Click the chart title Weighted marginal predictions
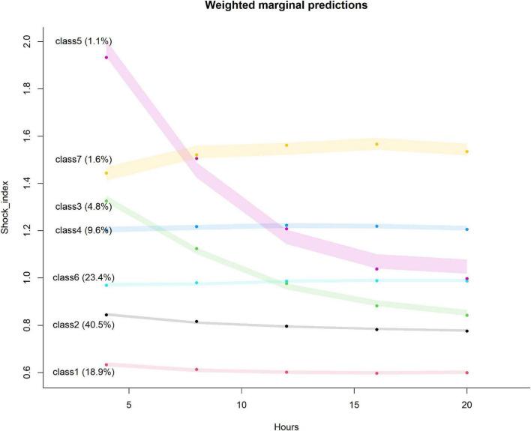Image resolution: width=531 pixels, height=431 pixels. [281, 6]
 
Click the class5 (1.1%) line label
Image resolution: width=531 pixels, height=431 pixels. [83, 41]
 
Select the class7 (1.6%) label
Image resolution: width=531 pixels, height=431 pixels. [83, 160]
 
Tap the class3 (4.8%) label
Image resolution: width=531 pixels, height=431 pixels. [83, 206]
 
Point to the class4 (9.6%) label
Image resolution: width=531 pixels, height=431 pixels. [83, 230]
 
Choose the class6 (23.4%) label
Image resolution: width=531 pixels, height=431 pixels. [83, 277]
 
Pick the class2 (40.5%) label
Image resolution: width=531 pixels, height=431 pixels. [83, 325]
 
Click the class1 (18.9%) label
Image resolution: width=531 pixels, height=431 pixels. [83, 372]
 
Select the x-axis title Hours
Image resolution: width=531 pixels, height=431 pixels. [286, 424]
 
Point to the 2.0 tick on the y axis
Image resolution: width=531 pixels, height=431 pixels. [28, 41]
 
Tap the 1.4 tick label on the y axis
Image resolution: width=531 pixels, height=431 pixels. [28, 183]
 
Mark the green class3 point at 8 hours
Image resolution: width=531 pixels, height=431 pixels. [196, 249]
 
